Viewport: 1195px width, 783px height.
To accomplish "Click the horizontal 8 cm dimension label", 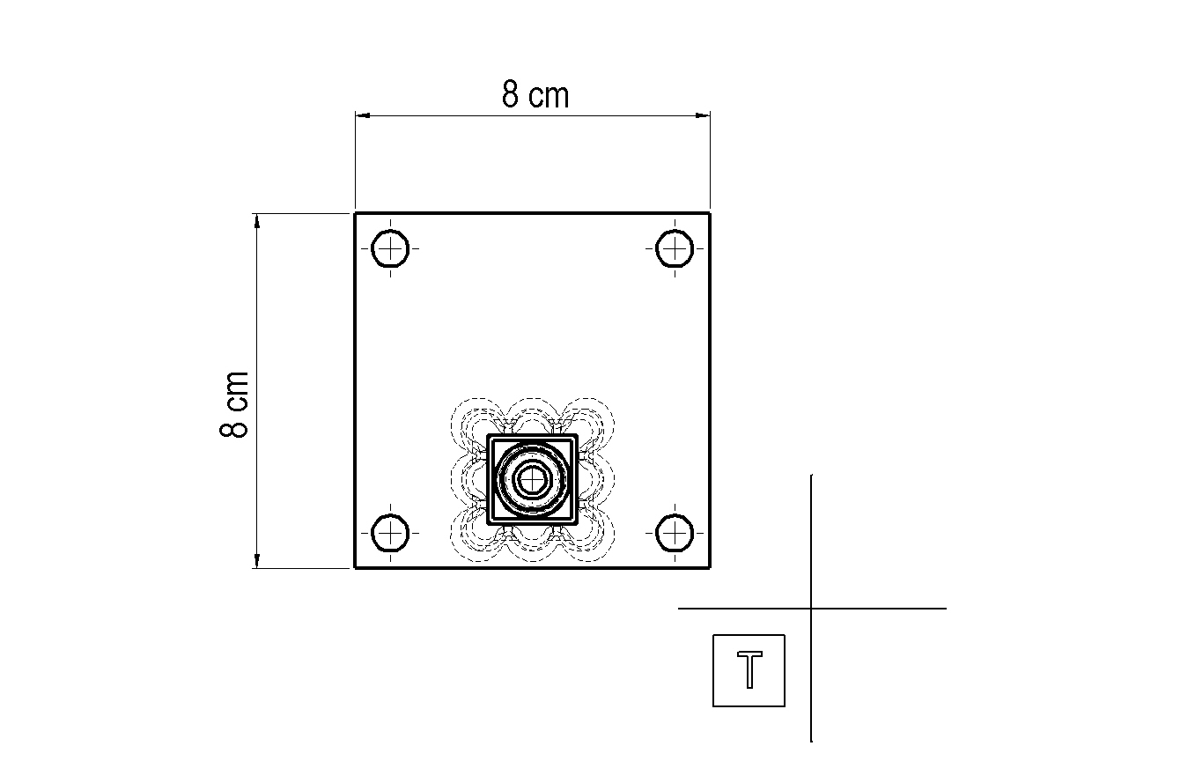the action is tap(535, 94).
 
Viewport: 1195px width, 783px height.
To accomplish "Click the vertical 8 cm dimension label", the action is tap(233, 404).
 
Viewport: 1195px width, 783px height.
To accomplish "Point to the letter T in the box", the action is tap(749, 669).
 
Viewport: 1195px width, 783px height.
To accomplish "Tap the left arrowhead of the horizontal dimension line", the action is tap(363, 115).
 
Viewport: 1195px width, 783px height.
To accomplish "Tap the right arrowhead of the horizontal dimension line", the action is tap(703, 115).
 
